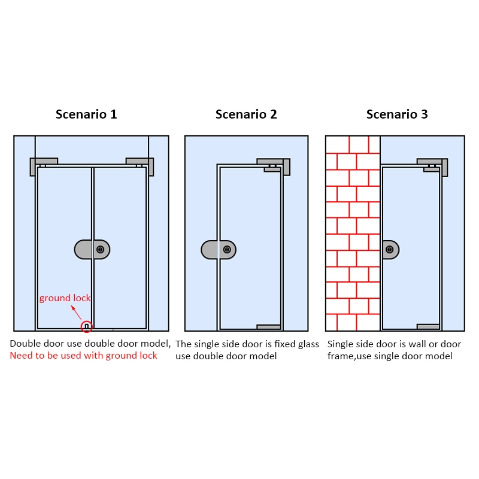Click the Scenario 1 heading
[86, 114]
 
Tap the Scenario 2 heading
[246, 114]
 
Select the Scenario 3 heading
[397, 114]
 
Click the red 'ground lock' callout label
[65, 298]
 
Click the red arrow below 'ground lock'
[77, 313]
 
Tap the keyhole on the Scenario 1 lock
[100, 250]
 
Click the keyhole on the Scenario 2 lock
[227, 250]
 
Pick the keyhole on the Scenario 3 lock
[390, 250]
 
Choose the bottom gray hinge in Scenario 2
[268, 327]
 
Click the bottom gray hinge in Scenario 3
[428, 326]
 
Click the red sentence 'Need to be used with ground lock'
[83, 356]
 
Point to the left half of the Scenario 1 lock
[83, 250]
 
